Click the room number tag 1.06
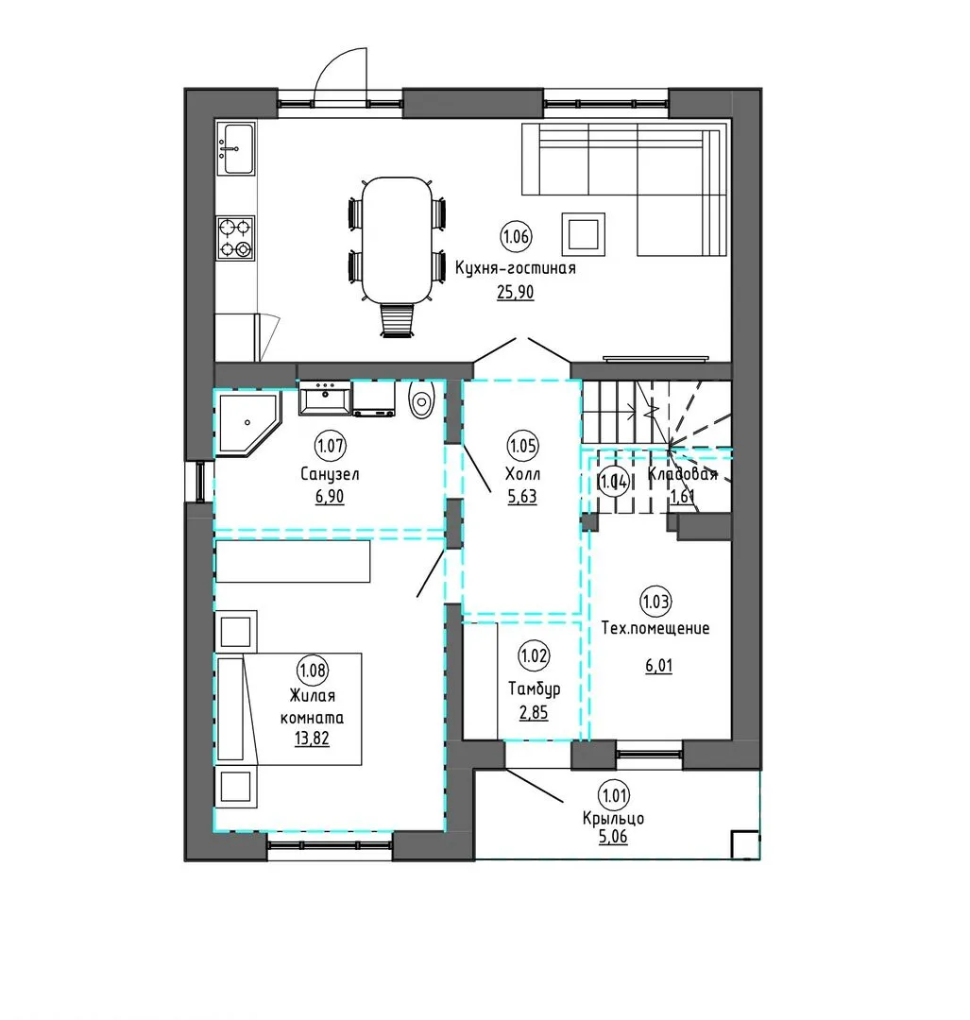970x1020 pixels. click(516, 236)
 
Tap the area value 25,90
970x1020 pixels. click(516, 293)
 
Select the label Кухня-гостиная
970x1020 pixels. click(516, 268)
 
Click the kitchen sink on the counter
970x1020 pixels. click(235, 148)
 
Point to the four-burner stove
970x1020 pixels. click(235, 238)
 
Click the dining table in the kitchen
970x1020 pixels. click(397, 240)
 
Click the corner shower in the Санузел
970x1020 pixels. click(247, 423)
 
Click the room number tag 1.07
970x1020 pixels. click(330, 446)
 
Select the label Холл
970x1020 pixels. click(522, 474)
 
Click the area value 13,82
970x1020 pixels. click(312, 739)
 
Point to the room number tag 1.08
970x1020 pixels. click(313, 670)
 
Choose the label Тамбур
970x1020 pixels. click(535, 688)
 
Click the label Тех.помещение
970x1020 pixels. click(655, 628)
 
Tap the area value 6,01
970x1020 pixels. click(659, 666)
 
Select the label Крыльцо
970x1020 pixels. click(614, 818)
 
